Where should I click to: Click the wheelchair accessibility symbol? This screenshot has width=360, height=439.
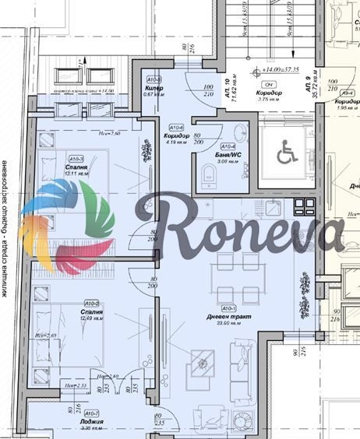[x=286, y=154]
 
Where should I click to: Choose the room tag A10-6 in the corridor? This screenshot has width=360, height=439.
[x=175, y=125]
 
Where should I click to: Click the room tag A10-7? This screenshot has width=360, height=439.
[x=92, y=413]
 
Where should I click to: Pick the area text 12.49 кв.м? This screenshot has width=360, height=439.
[x=92, y=317]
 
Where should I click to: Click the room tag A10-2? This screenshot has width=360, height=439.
[x=92, y=303]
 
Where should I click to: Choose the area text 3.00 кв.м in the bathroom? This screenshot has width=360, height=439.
[x=228, y=161]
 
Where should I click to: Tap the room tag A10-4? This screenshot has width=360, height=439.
[x=228, y=146]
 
